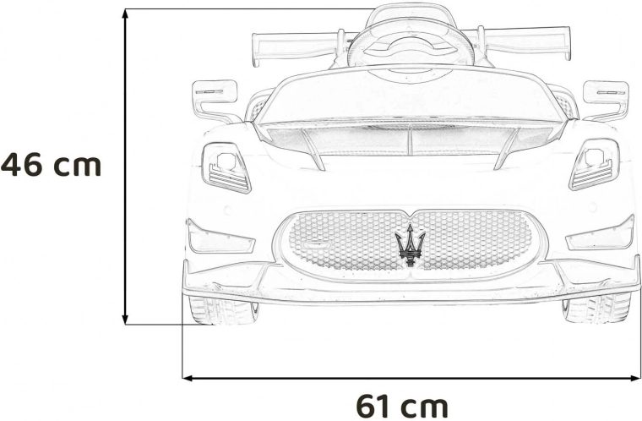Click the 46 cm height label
(51, 164)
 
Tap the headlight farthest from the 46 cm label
(594, 165)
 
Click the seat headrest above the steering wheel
(411, 14)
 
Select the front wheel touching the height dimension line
(223, 310)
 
